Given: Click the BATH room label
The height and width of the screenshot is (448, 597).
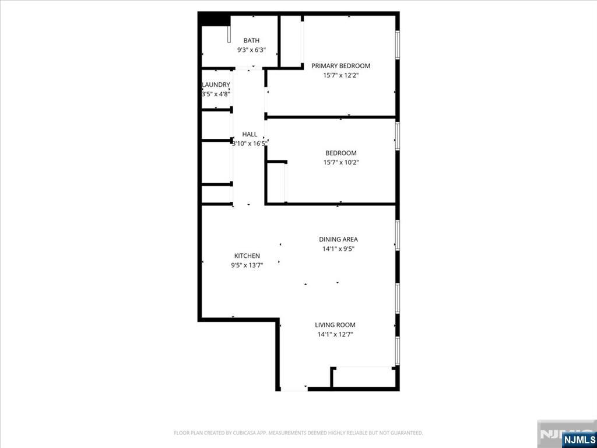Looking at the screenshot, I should [251, 40].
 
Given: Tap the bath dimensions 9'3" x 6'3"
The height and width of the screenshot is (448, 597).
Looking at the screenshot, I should [251, 50].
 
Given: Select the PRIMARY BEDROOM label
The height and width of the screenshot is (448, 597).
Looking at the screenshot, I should [340, 66].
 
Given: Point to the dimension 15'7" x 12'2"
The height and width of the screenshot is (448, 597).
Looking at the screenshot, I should [340, 75].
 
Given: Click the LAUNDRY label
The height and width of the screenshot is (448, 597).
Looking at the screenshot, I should [216, 85].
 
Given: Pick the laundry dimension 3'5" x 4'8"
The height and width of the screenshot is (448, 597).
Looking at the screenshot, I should [216, 94].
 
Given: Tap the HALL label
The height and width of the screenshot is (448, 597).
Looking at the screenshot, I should [250, 134].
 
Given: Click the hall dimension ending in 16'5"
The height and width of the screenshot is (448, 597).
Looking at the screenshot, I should [250, 143].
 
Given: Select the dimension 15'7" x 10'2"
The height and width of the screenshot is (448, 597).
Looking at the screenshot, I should [340, 163].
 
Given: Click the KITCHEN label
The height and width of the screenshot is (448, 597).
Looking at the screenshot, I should [247, 256].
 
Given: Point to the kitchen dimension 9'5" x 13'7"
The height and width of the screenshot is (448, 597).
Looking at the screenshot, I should [247, 265].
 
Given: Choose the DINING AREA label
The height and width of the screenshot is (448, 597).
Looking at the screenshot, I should [338, 239].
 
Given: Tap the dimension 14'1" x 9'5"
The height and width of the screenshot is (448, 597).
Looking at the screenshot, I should [338, 249].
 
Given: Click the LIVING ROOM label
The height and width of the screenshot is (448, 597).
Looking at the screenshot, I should [335, 325].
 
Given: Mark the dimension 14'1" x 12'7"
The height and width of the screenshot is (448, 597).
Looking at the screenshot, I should [335, 335].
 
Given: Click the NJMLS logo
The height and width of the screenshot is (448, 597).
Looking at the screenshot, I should [578, 439].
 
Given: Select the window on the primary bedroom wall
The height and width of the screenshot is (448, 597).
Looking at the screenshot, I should [398, 45].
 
